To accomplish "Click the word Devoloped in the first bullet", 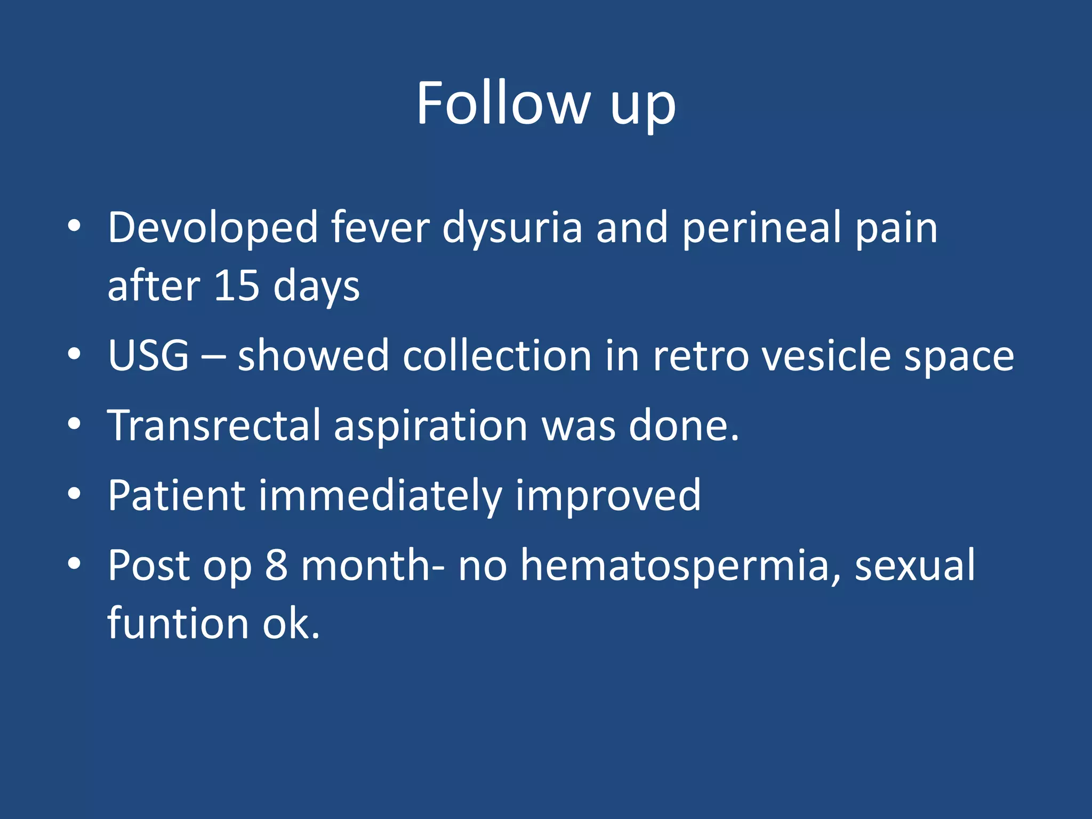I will tap(213, 228).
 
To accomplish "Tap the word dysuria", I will tap(512, 228).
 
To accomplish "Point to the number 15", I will tap(236, 286).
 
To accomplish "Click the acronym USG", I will tap(148, 356).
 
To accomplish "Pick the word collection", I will tap(497, 356).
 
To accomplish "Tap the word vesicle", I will tap(826, 356).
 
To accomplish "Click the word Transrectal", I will tap(214, 425).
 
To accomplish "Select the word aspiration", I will tap(430, 425).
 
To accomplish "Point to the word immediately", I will tap(380, 496).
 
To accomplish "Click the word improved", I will tap(607, 496).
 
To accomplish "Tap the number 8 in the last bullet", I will tap(276, 565).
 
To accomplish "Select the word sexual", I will tap(915, 565).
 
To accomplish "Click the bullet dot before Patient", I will tap(74, 494).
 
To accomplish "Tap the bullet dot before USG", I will tap(74, 354).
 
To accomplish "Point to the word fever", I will tap(380, 228).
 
